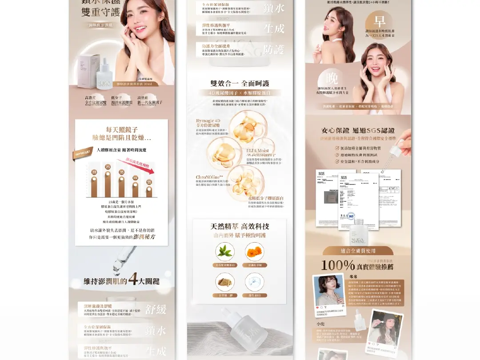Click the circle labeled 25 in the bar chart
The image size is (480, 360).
point(108,167)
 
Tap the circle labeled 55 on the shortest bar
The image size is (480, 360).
point(149,182)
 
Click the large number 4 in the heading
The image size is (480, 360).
point(132,280)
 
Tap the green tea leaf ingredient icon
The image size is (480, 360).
point(225,252)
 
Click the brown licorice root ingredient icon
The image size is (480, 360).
point(225,282)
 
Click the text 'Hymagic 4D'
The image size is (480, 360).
point(208,120)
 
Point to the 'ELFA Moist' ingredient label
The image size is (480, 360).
point(258,151)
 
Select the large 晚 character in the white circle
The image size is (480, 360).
point(332,78)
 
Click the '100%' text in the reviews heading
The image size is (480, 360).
point(338,265)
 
